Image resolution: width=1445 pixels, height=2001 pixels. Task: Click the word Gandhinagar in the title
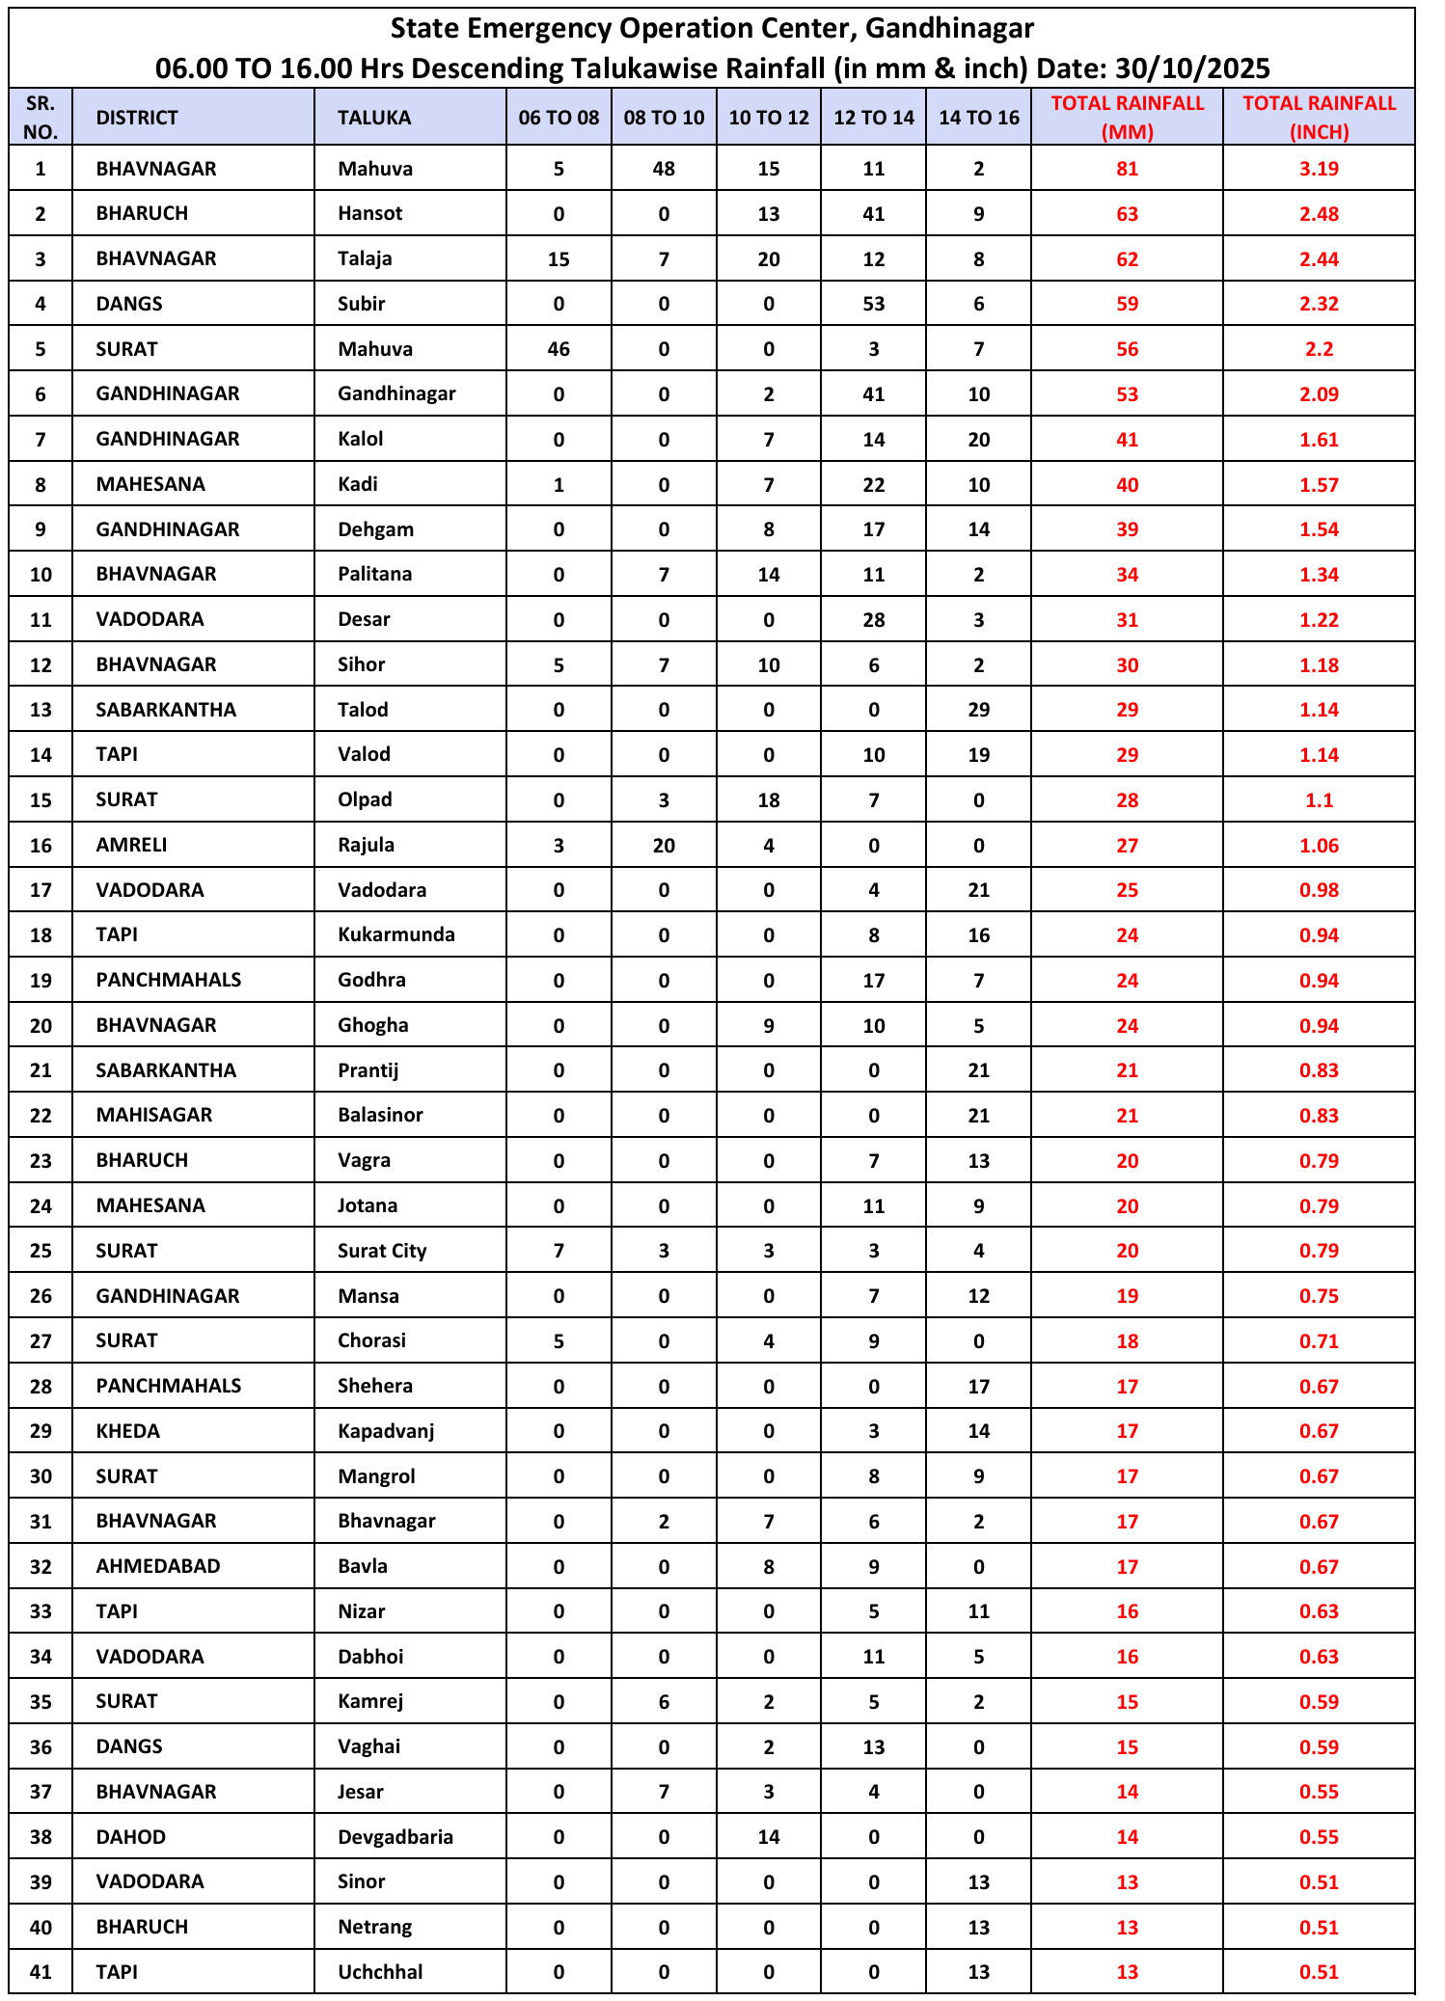(949, 29)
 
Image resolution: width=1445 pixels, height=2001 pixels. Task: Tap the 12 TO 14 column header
(873, 118)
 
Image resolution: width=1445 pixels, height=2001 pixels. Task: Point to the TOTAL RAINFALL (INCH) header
(1319, 118)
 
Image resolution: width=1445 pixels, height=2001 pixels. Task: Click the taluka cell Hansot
(370, 213)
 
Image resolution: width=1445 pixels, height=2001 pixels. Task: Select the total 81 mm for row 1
(1127, 169)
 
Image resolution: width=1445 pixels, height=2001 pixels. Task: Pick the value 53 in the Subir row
(873, 304)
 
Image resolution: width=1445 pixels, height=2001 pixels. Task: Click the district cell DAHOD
(131, 1836)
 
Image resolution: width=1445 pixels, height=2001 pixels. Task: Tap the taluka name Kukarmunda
(395, 934)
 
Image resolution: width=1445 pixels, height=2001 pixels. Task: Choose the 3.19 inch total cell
(1319, 169)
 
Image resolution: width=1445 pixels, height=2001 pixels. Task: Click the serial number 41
(41, 1972)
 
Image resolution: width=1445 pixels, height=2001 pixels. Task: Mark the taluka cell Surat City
(382, 1251)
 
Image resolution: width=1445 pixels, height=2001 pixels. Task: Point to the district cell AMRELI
(132, 845)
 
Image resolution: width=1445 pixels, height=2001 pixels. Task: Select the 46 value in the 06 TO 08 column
(559, 349)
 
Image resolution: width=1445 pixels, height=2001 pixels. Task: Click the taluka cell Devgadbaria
(395, 1836)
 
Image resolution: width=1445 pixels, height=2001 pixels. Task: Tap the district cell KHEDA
(128, 1431)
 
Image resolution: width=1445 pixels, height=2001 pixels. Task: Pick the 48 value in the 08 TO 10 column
(664, 169)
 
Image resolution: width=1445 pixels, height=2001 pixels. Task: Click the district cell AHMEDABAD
(158, 1566)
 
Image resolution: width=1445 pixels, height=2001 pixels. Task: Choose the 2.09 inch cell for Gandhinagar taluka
(1319, 393)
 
